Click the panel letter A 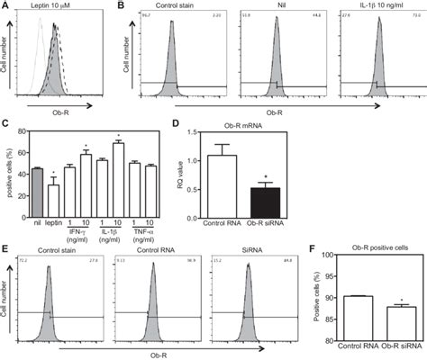click(6, 6)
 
